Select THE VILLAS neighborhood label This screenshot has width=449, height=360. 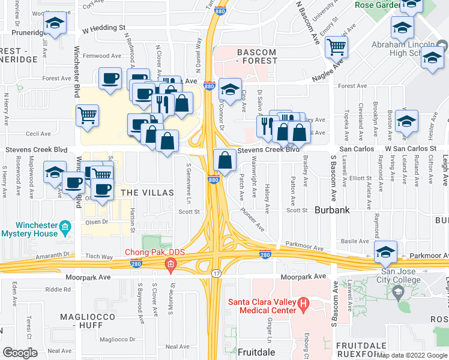point(147,193)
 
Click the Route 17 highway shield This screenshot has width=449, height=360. point(216,274)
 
